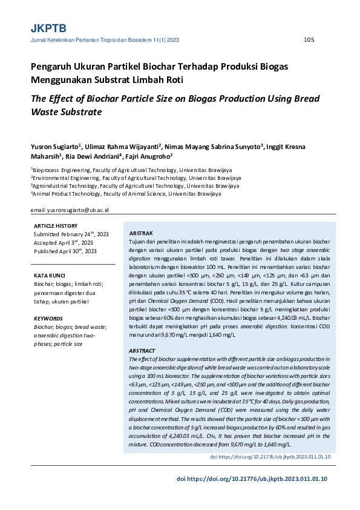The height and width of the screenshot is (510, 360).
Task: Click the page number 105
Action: pos(309,40)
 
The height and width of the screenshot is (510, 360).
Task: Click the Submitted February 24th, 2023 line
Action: pos(71,234)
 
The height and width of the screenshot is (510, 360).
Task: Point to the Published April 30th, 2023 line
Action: pos(65,251)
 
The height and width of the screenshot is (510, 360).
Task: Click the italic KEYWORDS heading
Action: pos(48,318)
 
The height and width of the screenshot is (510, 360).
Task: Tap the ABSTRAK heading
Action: pos(142,234)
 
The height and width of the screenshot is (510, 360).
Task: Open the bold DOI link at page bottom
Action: pos(252,479)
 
